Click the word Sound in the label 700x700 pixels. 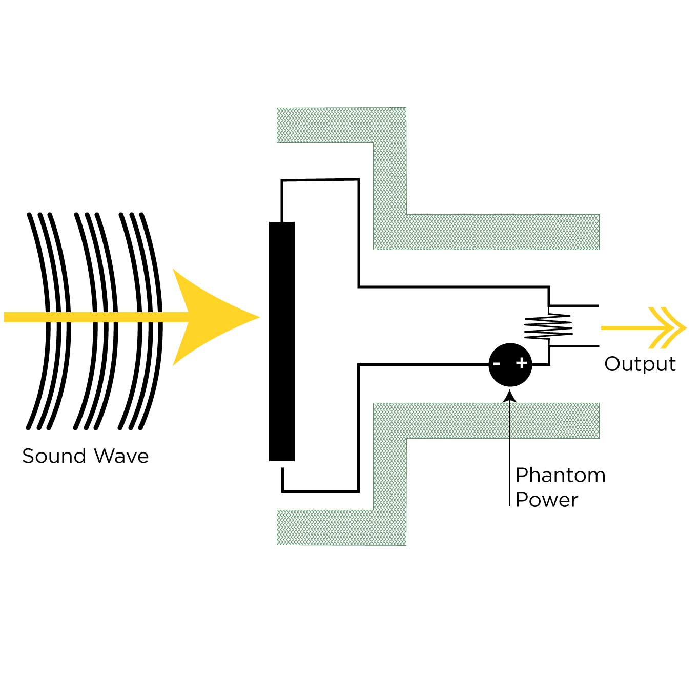[x=54, y=456]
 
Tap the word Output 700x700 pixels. [x=640, y=364]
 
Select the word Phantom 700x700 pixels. [x=560, y=475]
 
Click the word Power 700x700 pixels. [x=546, y=500]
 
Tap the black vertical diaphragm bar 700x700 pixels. [x=282, y=341]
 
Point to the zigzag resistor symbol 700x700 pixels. [x=548, y=326]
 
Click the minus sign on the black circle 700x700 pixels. [x=497, y=364]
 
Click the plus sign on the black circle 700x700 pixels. [x=522, y=363]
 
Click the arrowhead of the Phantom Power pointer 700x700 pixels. [x=510, y=396]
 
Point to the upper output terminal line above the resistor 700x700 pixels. [x=574, y=306]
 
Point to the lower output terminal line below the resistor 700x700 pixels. [x=574, y=346]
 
